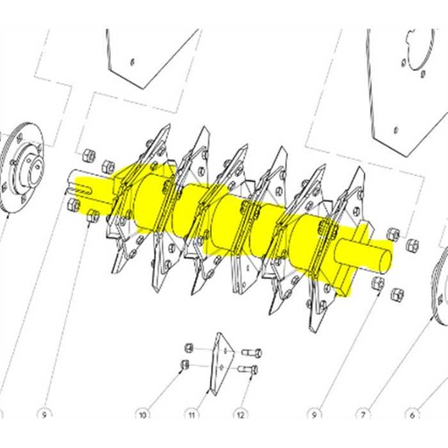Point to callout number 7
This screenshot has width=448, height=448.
(x=359, y=410)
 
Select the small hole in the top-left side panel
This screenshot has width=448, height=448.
(x=129, y=61)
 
